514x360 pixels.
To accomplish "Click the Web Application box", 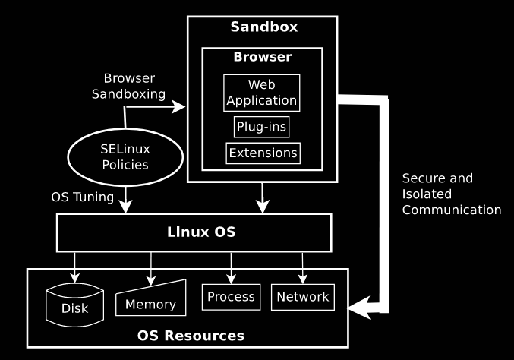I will [262, 91].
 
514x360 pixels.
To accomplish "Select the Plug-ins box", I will [262, 126].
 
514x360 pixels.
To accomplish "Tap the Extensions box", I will [263, 153].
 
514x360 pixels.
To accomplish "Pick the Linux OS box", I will [194, 232].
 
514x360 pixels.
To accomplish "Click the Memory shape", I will [150, 298].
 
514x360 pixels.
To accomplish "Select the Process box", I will [231, 296].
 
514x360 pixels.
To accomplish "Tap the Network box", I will [302, 296].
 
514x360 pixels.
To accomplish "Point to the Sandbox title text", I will [263, 27].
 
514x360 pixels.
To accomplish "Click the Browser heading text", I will [263, 57].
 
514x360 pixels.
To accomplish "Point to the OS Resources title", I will [191, 335].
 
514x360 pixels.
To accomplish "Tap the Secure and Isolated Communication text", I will [451, 194].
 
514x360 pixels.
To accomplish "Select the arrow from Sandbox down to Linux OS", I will [263, 197].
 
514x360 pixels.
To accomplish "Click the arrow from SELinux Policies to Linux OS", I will [125, 197].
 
